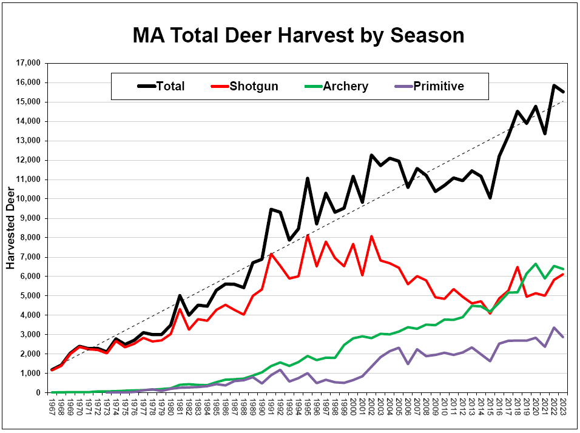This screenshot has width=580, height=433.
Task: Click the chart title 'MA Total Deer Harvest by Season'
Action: pyautogui.click(x=298, y=35)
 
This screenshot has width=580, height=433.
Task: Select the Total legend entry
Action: pyautogui.click(x=161, y=86)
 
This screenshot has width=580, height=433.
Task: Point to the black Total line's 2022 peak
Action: pyautogui.click(x=554, y=86)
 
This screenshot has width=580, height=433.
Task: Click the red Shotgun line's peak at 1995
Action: pyautogui.click(x=308, y=235)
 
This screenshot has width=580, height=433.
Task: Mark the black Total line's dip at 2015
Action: pyautogui.click(x=490, y=198)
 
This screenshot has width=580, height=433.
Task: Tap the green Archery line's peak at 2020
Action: pyautogui.click(x=536, y=264)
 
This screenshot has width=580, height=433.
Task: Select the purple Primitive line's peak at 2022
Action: pyautogui.click(x=554, y=327)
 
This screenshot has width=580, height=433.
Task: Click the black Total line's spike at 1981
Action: pyautogui.click(x=180, y=295)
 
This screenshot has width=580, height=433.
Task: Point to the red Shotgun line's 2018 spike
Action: pyautogui.click(x=518, y=267)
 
